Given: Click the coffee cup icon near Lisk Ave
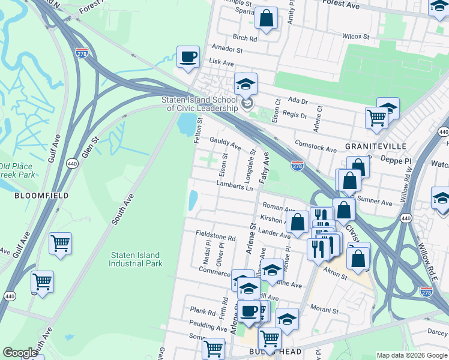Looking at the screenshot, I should point(188,58).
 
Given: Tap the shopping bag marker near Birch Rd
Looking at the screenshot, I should point(266,18).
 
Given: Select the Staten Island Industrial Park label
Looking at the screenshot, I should point(136,259).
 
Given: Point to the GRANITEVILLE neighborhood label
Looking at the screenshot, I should point(376,146).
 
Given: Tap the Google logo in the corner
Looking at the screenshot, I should point(20,353).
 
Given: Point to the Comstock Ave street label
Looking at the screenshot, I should point(316,146).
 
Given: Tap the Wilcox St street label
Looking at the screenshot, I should point(356,37).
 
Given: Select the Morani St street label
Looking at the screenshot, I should point(327,308).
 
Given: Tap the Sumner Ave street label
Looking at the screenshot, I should point(375,200).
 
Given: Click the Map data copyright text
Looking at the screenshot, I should point(412,355).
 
